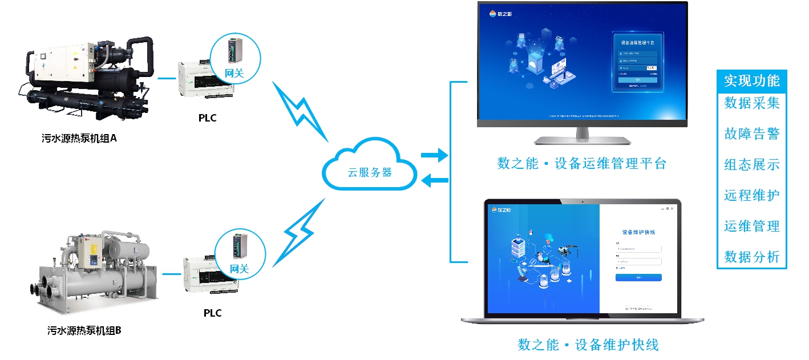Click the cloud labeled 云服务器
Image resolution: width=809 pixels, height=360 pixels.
[370, 171]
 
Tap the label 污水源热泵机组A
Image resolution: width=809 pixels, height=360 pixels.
[79, 139]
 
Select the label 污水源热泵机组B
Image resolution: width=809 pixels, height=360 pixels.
[84, 330]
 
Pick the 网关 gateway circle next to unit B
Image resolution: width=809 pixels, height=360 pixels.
[240, 253]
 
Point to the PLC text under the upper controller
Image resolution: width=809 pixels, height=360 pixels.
[208, 118]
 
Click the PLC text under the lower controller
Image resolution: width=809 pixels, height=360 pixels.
[212, 313]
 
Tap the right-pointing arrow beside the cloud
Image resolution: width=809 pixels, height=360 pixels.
[434, 155]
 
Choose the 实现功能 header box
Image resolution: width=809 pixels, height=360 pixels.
[751, 81]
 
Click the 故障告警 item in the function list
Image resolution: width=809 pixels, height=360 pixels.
[751, 134]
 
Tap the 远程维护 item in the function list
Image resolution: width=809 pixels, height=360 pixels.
[751, 196]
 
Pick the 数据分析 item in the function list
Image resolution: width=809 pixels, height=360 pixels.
[751, 257]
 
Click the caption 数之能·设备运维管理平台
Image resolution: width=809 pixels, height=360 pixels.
[582, 164]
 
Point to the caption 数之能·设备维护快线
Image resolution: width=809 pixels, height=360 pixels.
[588, 345]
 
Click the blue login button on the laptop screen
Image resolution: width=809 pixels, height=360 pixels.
[638, 278]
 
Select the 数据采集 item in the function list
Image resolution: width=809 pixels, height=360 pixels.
[751, 103]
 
